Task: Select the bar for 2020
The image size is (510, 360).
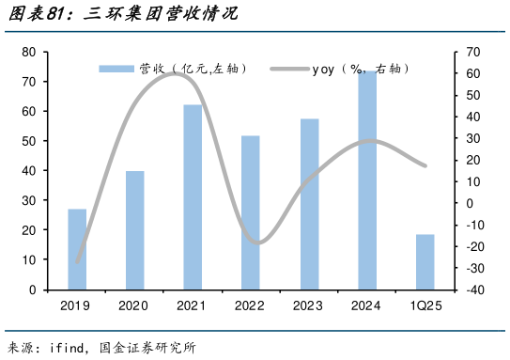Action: (x=135, y=230)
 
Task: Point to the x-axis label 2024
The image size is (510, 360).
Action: (x=367, y=306)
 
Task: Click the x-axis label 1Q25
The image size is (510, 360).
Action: (x=425, y=306)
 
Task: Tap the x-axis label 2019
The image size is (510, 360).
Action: (x=77, y=306)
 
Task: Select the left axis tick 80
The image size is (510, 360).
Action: (x=29, y=52)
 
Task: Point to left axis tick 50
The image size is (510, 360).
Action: (x=29, y=141)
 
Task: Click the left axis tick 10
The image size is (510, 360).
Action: (x=29, y=260)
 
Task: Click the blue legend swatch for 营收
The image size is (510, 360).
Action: (x=117, y=69)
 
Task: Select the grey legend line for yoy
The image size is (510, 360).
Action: (x=288, y=69)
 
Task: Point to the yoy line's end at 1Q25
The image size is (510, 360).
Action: (x=425, y=166)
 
